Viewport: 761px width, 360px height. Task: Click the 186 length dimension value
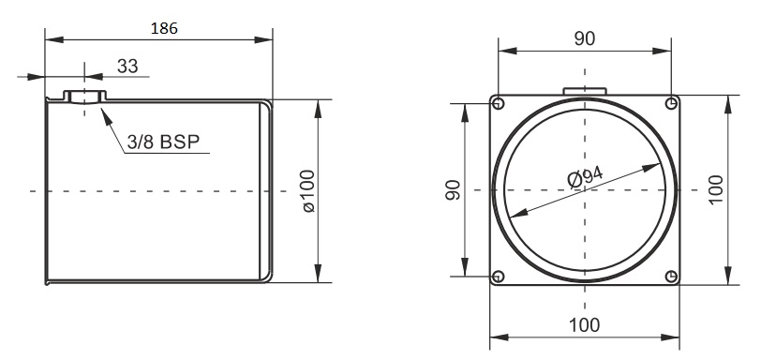click(x=164, y=28)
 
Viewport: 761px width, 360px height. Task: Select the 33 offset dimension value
click(x=127, y=66)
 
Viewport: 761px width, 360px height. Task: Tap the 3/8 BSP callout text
click(x=163, y=142)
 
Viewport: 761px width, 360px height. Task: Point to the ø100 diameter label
click(x=308, y=190)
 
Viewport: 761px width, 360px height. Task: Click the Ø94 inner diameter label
click(x=586, y=176)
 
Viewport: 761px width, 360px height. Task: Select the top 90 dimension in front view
click(x=585, y=38)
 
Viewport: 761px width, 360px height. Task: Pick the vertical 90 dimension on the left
click(x=453, y=189)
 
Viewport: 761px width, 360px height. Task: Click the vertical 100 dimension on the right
click(x=715, y=189)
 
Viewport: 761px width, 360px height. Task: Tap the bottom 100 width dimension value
click(x=585, y=325)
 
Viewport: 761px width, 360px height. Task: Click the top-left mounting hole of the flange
click(x=498, y=103)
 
